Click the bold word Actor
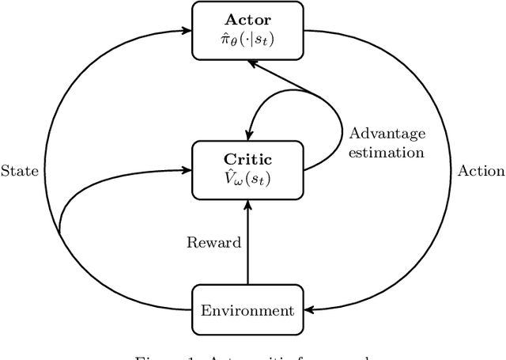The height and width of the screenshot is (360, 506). pos(247,18)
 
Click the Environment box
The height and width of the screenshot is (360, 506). pos(247,311)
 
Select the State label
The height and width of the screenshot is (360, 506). pos(19,170)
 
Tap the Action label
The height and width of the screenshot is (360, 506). pos(481,170)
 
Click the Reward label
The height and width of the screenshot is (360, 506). pos(213,243)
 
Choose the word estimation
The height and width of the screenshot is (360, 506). pos(387,152)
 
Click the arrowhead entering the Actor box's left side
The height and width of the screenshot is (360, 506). pos(187,30)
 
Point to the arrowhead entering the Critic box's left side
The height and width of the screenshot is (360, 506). pos(187,168)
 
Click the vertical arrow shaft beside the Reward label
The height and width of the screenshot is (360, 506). pos(247,245)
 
